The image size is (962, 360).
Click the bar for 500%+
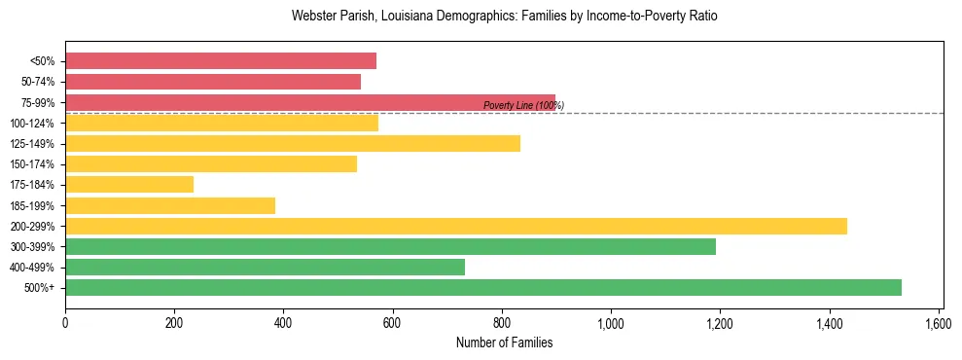[483, 287]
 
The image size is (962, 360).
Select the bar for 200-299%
[456, 226]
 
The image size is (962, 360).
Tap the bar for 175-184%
[129, 184]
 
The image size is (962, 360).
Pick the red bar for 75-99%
[310, 102]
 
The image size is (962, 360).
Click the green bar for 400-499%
[265, 267]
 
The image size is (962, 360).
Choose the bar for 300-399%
[390, 246]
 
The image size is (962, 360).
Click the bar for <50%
[221, 61]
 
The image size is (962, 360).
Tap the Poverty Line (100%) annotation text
[523, 105]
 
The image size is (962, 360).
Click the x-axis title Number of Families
[504, 342]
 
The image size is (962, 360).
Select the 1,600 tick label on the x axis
[938, 322]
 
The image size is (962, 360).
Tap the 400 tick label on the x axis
[283, 322]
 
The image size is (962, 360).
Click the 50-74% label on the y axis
[36, 82]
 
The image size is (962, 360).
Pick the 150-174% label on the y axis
[33, 164]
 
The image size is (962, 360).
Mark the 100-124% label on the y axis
[33, 123]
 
